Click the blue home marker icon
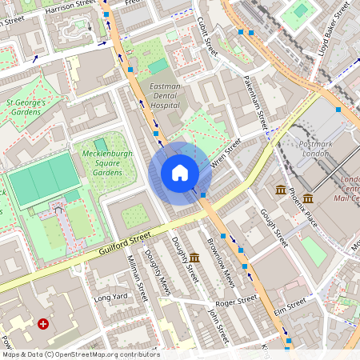(x=180, y=173)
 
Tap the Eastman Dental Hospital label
(x=165, y=95)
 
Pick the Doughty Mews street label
(x=157, y=271)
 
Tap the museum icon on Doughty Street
(x=194, y=257)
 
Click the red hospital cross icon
(x=43, y=324)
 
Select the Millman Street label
(x=138, y=278)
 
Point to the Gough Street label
(x=273, y=227)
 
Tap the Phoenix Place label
(x=304, y=207)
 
